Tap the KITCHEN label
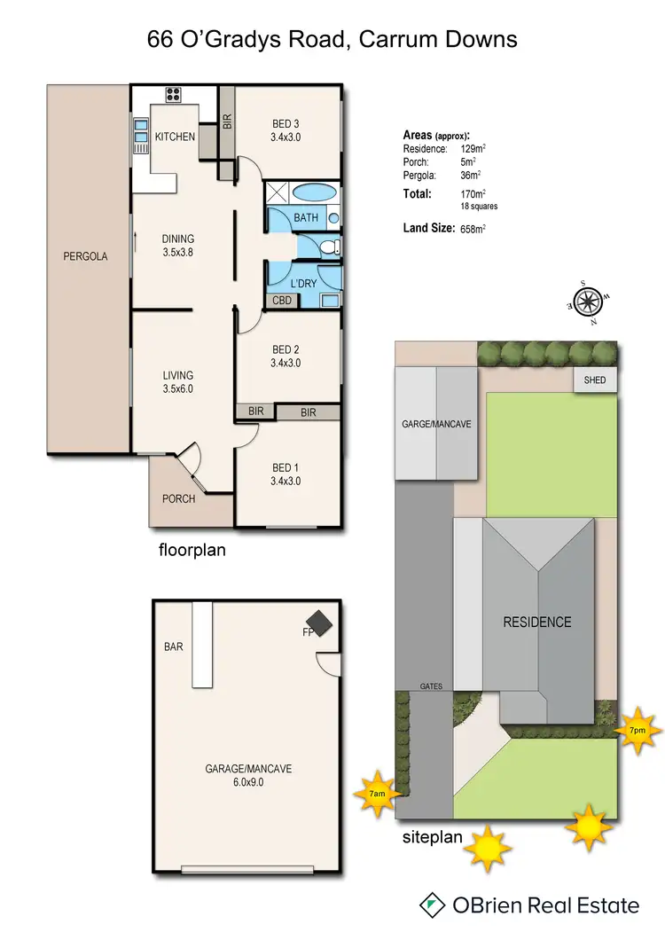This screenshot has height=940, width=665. point(175,137)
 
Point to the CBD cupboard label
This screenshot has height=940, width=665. point(283,301)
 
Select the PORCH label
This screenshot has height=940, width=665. point(178,498)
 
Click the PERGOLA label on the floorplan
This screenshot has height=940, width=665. point(85,256)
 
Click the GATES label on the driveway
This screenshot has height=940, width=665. point(431,686)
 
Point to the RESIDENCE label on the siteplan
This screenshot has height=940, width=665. point(537,622)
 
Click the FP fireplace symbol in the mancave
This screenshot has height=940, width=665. point(317,624)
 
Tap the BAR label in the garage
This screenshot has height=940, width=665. point(174,646)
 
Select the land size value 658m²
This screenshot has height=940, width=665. point(473,229)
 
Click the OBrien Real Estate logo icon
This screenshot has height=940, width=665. point(432,905)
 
